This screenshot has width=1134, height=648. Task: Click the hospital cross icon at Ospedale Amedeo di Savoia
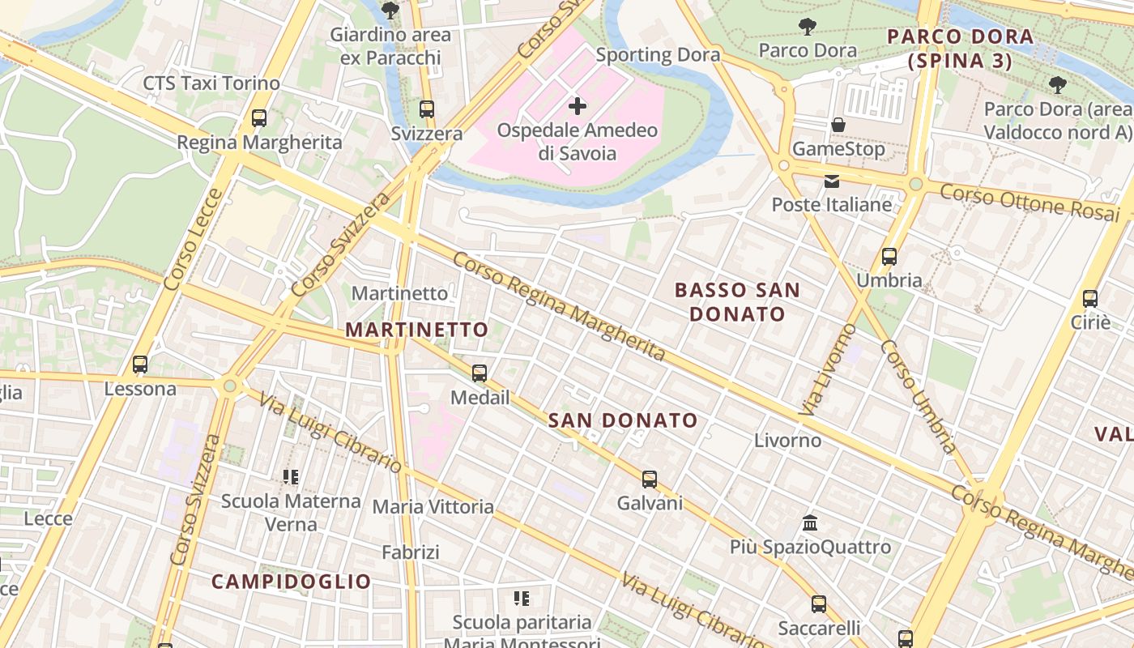[x=578, y=106]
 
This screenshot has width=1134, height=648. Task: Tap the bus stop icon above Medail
[x=480, y=373]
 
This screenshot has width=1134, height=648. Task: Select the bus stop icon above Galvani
[x=650, y=480]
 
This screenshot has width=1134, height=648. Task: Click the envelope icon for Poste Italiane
[x=832, y=181]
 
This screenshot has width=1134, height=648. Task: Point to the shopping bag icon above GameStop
[x=838, y=126]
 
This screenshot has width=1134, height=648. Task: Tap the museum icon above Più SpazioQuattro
[x=810, y=523]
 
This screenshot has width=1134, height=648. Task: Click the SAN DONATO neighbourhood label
[x=623, y=420]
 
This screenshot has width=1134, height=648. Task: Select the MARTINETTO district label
[x=417, y=330]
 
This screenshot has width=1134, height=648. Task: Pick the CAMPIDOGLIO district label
[x=292, y=582]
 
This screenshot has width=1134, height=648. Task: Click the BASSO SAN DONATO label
[x=737, y=301]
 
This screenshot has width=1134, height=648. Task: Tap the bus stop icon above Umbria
[x=889, y=257]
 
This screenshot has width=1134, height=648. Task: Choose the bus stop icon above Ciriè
[x=1090, y=298]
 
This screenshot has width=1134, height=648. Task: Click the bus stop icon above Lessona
[x=140, y=364]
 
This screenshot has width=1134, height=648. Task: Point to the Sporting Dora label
[x=658, y=55]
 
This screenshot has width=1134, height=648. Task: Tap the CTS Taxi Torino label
[x=211, y=83]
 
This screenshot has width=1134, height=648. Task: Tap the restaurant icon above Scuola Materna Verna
[x=292, y=477]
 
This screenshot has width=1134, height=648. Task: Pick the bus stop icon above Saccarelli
[x=819, y=604]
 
